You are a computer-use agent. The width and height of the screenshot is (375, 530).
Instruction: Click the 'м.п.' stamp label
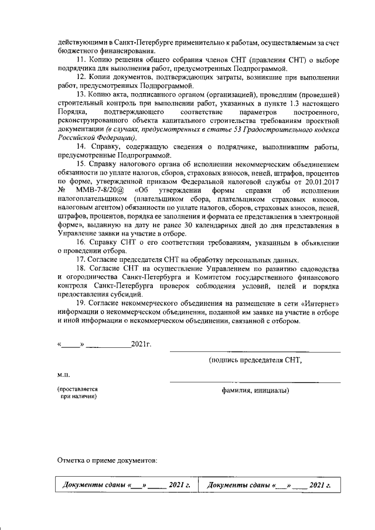click(63, 372)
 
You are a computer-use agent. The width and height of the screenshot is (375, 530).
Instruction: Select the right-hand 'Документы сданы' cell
click(269, 485)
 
